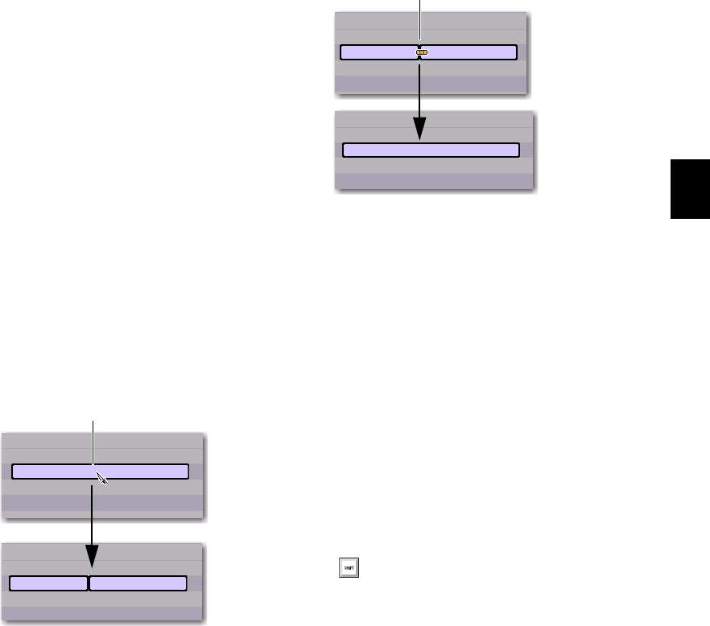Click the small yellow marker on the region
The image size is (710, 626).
423,53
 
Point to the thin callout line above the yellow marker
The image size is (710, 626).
419,20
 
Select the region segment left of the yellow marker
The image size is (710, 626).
378,53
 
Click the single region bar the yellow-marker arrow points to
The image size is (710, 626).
431,150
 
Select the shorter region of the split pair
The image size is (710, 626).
48,583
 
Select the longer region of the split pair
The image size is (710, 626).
138,583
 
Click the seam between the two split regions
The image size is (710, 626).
88,583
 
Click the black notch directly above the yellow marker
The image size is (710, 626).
419,45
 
